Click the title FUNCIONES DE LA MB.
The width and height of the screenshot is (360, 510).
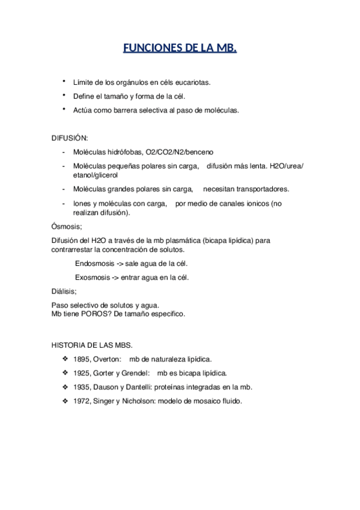pyautogui.click(x=180, y=48)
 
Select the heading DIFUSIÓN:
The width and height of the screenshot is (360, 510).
pyautogui.click(x=70, y=138)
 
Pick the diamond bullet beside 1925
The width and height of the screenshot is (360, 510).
pyautogui.click(x=65, y=373)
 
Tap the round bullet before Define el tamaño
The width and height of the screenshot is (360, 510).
pyautogui.click(x=64, y=95)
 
